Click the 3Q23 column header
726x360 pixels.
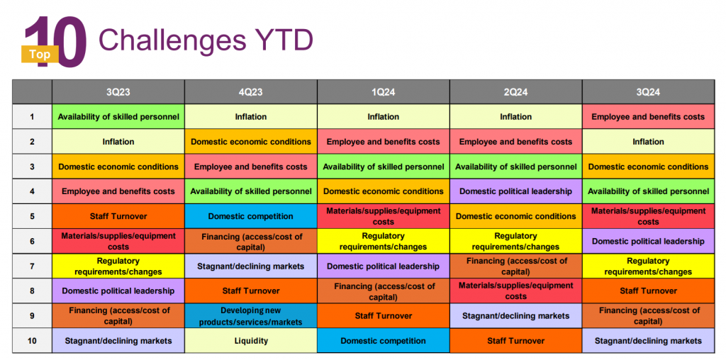pyautogui.click(x=118, y=92)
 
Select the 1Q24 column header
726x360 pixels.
pyautogui.click(x=383, y=92)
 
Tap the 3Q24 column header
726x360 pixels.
pyautogui.click(x=648, y=92)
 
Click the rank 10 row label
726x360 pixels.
pyautogui.click(x=32, y=341)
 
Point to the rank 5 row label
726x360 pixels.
pyautogui.click(x=32, y=216)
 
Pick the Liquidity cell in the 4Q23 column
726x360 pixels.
pyautogui.click(x=251, y=341)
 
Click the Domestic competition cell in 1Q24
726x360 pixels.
pyautogui.click(x=383, y=341)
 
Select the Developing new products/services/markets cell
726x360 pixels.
pyautogui.click(x=251, y=316)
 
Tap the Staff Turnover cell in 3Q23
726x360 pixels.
pyautogui.click(x=118, y=216)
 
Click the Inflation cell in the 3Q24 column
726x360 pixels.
pyautogui.click(x=648, y=142)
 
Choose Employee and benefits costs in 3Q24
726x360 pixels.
pyautogui.click(x=648, y=117)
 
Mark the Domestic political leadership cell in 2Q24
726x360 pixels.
pyautogui.click(x=515, y=191)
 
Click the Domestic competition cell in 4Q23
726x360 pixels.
pyautogui.click(x=251, y=216)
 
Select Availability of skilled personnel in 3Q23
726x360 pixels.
pyautogui.click(x=118, y=117)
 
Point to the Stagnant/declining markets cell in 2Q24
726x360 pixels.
pyautogui.click(x=515, y=316)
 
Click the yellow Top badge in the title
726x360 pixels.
pyautogui.click(x=40, y=53)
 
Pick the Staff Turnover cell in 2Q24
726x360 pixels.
pyautogui.click(x=515, y=341)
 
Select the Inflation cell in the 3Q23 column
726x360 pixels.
pyautogui.click(x=118, y=142)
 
